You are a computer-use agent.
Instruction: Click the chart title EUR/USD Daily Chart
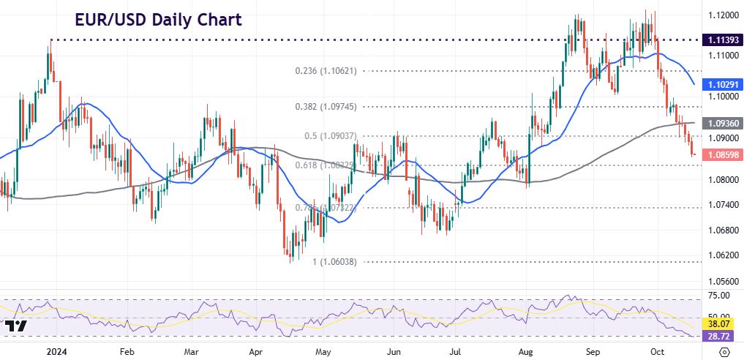coord(158,20)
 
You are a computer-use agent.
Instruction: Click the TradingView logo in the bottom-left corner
coord(15,326)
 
